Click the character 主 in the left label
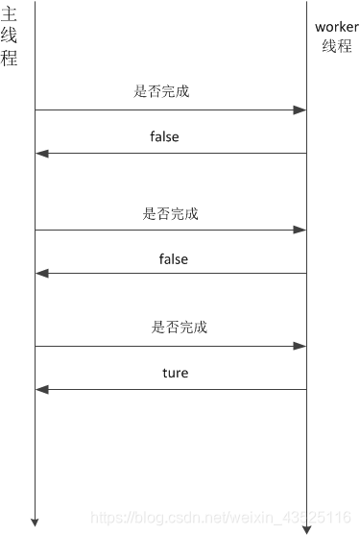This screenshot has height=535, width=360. point(10,15)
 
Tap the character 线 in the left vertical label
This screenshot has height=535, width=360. point(10,36)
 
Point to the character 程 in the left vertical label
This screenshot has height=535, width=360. point(10,58)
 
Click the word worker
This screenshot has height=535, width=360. point(336,27)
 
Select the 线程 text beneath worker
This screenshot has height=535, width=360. point(336,46)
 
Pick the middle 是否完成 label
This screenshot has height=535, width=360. point(171,213)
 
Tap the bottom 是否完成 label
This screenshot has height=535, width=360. point(179,328)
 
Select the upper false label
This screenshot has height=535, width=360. point(164,137)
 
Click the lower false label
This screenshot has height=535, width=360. point(173,259)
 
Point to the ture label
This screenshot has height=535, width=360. point(175,373)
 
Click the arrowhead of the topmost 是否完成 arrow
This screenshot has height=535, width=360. point(300,110)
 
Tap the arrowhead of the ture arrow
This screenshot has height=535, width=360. point(40,389)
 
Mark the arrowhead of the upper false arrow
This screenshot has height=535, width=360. point(40,154)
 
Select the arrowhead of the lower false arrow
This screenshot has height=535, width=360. point(40,274)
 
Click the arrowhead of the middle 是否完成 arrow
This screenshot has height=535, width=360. point(300,231)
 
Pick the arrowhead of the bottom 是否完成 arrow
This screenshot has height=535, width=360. point(300,346)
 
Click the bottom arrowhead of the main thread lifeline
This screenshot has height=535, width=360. point(35,522)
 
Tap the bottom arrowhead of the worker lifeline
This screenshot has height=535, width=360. point(306,527)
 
